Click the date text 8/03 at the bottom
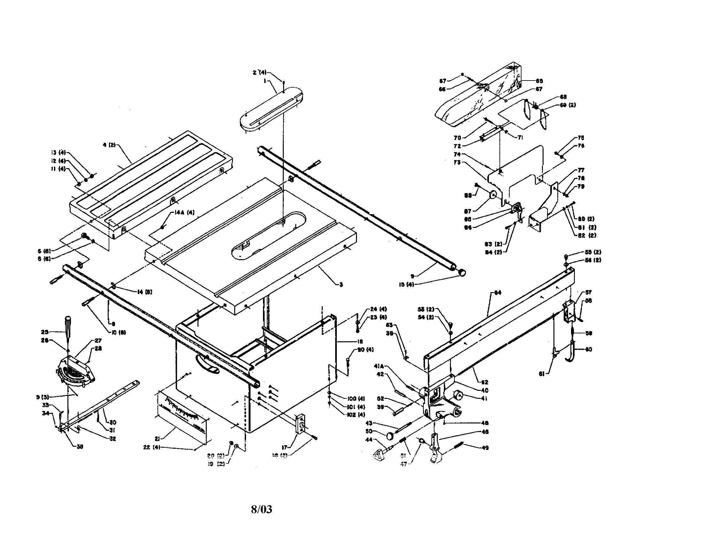point(261,509)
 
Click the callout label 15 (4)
point(406,284)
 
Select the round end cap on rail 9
point(462,272)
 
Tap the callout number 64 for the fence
point(498,292)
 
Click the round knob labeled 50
point(390,436)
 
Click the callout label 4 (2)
point(109,145)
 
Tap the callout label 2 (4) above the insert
point(259,73)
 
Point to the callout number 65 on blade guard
point(539,81)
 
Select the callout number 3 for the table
point(341,284)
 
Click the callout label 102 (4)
point(356,415)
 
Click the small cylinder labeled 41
point(457,395)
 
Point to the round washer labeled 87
point(492,195)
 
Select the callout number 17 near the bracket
point(284,447)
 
